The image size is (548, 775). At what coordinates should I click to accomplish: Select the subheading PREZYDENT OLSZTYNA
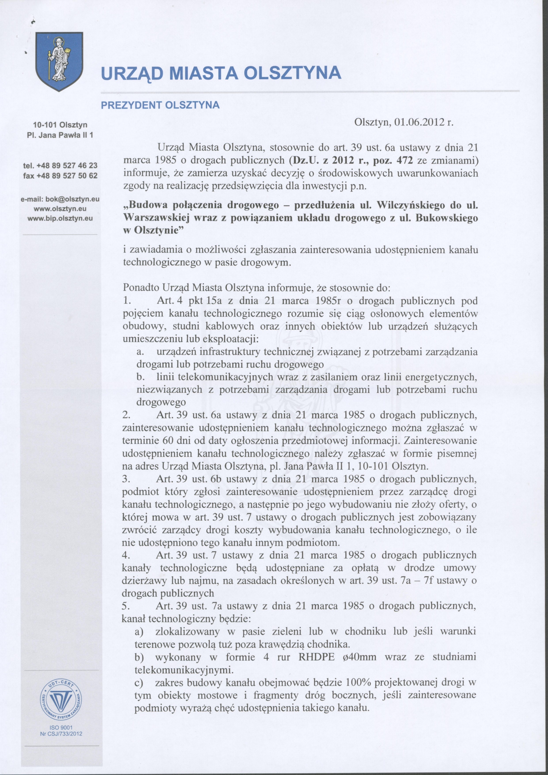pyautogui.click(x=160, y=105)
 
